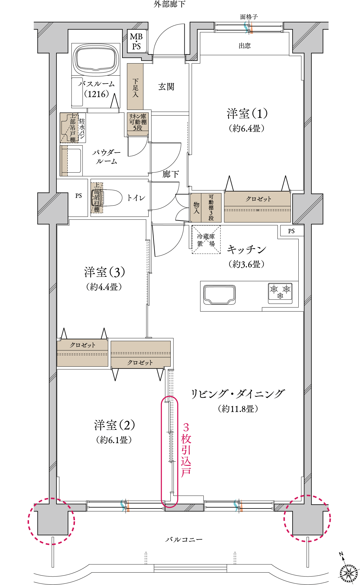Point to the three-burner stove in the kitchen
click(280, 293)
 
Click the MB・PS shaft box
click(136, 41)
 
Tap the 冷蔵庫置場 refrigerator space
click(206, 240)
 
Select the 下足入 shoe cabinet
click(135, 87)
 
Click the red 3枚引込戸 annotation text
click(186, 450)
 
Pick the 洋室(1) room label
click(247, 114)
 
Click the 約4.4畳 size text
click(104, 287)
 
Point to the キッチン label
click(246, 250)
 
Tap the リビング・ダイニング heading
click(238, 394)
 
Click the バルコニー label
click(184, 539)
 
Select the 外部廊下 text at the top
click(170, 4)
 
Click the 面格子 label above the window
click(249, 17)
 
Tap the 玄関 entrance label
click(166, 87)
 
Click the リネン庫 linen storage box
click(138, 122)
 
